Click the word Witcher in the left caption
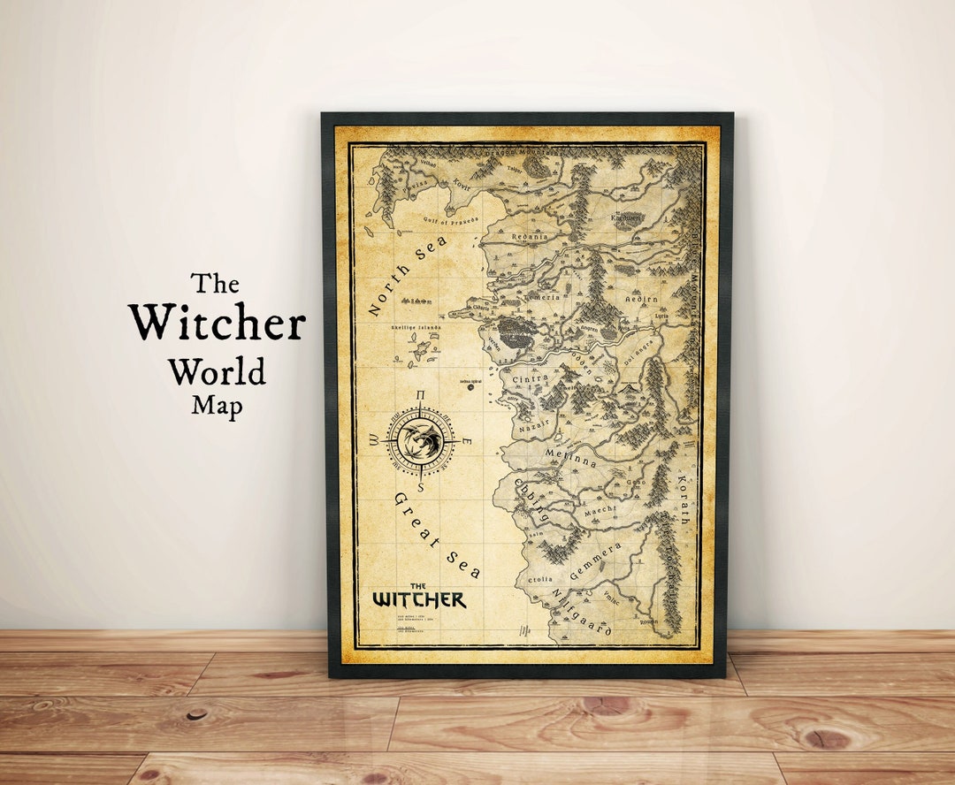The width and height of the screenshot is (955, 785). (217, 324)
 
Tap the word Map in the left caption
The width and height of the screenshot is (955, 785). (217, 405)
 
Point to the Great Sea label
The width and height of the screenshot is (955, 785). (437, 535)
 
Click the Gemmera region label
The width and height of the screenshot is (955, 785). (595, 561)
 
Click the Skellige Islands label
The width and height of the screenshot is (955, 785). (414, 328)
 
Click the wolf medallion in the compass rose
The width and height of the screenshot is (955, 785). (422, 439)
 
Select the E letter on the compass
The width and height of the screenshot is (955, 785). (466, 442)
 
